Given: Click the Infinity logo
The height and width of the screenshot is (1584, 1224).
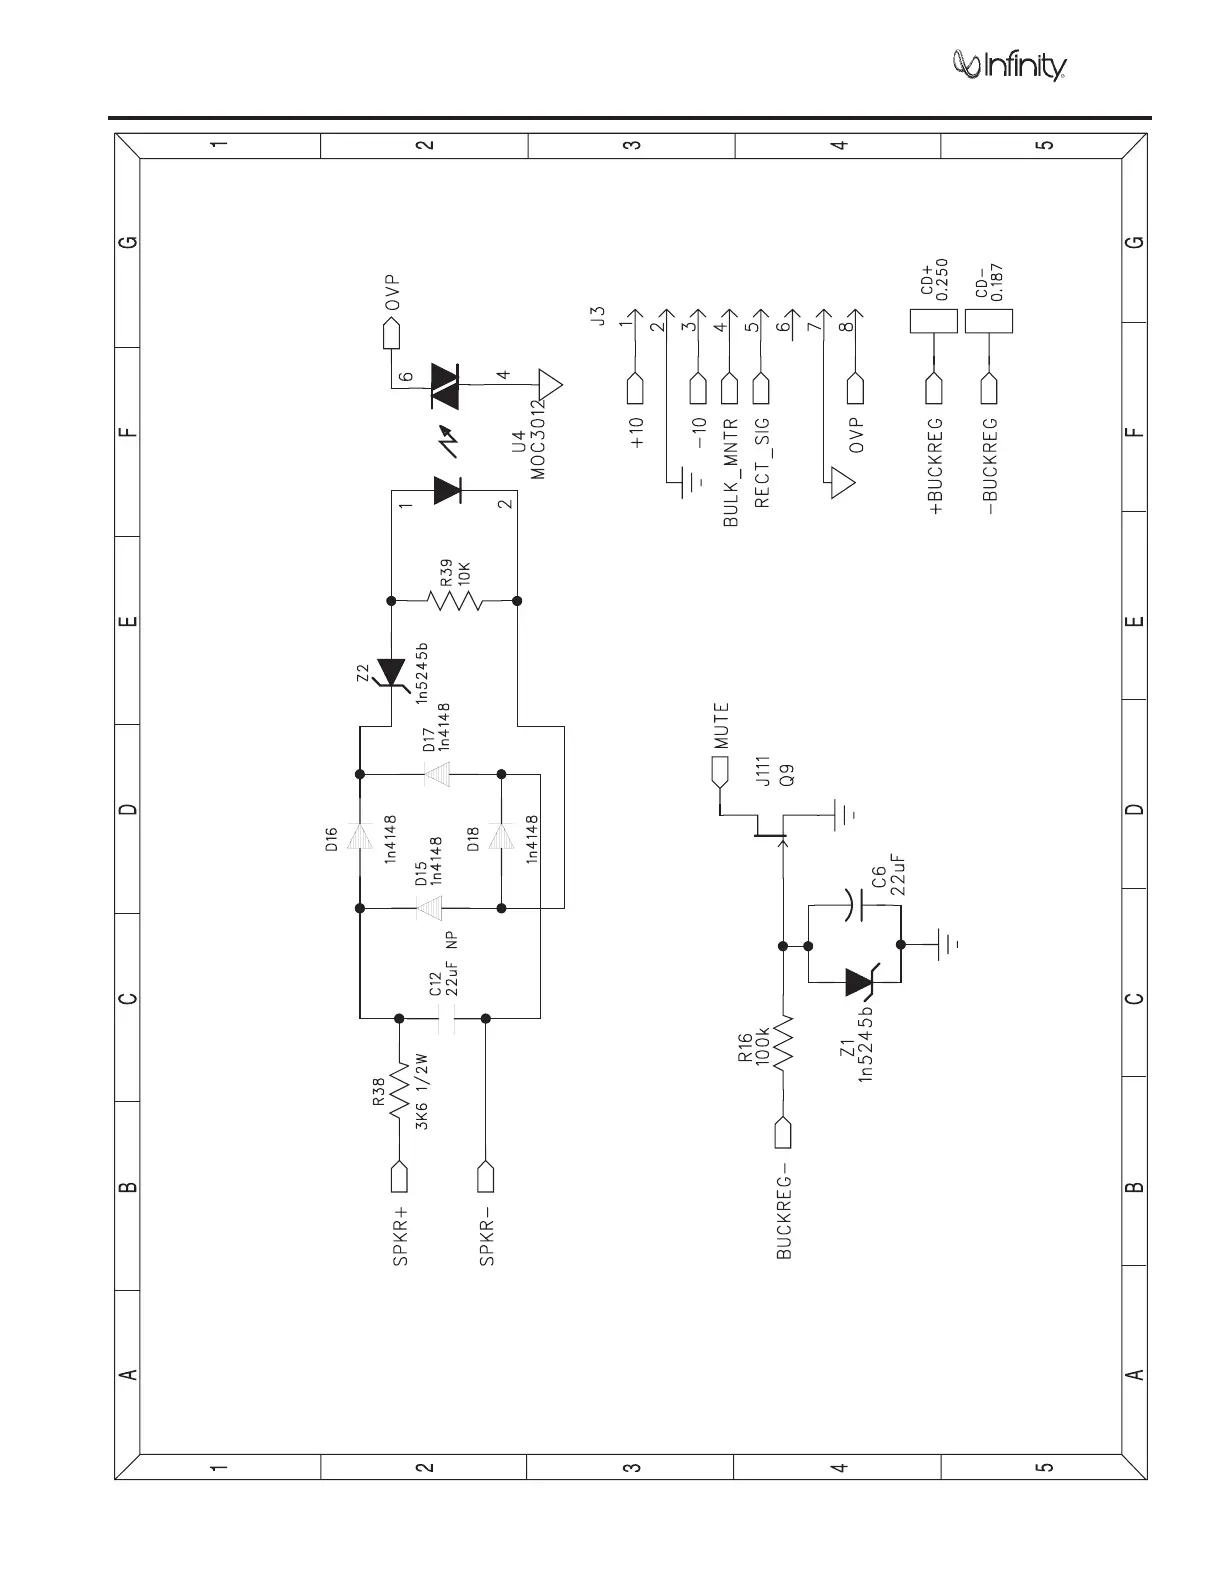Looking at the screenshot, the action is click(1009, 65).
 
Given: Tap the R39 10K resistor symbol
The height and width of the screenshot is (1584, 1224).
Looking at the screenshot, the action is click(454, 601).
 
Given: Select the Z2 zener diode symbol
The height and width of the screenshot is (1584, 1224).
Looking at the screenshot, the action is click(389, 674).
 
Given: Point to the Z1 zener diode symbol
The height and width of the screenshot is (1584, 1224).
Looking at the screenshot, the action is click(862, 982).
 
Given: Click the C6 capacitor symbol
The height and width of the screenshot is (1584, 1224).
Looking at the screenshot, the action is click(852, 906).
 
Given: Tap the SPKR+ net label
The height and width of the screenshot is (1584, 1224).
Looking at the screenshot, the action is click(400, 1240).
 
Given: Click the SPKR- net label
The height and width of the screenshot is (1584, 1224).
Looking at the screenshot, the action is click(487, 1240).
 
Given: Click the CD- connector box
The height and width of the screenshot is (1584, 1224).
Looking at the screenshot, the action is click(989, 321).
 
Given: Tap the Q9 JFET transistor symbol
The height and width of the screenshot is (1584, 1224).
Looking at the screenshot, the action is click(770, 824).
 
